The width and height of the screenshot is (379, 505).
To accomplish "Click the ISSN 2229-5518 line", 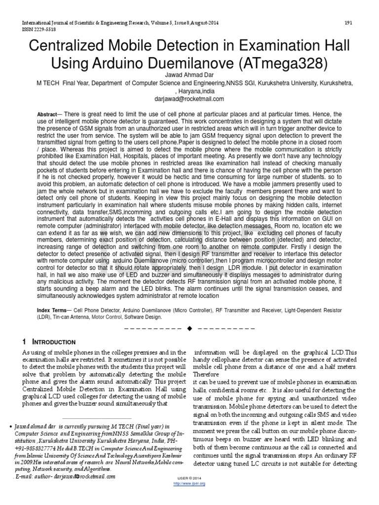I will pyautogui.click(x=38, y=29).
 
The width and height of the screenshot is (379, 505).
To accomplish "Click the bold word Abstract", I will pyautogui.click(x=47, y=114).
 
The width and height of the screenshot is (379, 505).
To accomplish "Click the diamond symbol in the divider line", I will pyautogui.click(x=189, y=328).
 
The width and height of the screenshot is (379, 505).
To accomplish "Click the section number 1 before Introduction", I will pyautogui.click(x=25, y=342).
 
